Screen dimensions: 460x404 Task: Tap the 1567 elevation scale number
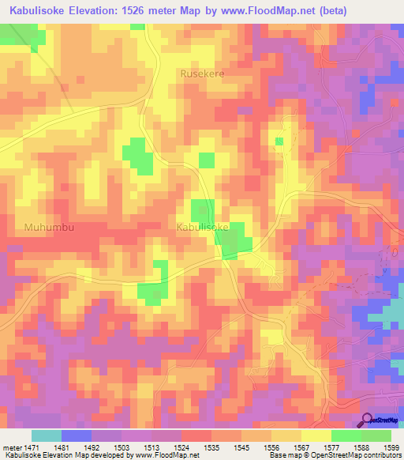click(x=301, y=447)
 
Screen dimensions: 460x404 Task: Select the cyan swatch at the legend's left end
click(x=47, y=435)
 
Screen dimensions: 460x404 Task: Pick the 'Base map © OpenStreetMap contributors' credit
click(x=334, y=456)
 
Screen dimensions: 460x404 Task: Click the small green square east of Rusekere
click(x=279, y=141)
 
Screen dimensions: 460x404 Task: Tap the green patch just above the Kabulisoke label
click(x=202, y=210)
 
